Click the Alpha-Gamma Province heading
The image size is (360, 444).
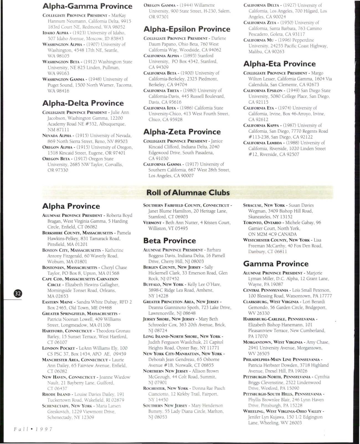[x=87, y=6]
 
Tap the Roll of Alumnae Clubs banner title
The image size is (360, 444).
[x=188, y=193]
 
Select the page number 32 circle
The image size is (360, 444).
[x=18, y=294]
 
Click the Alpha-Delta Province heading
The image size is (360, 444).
[x=83, y=103]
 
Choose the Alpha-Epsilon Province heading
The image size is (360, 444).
[x=187, y=29]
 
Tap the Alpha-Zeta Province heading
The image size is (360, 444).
[x=182, y=132]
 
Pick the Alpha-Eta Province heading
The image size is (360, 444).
[x=279, y=64]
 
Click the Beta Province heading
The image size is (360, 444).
[x=169, y=240]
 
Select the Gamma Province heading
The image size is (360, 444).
[x=276, y=263]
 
